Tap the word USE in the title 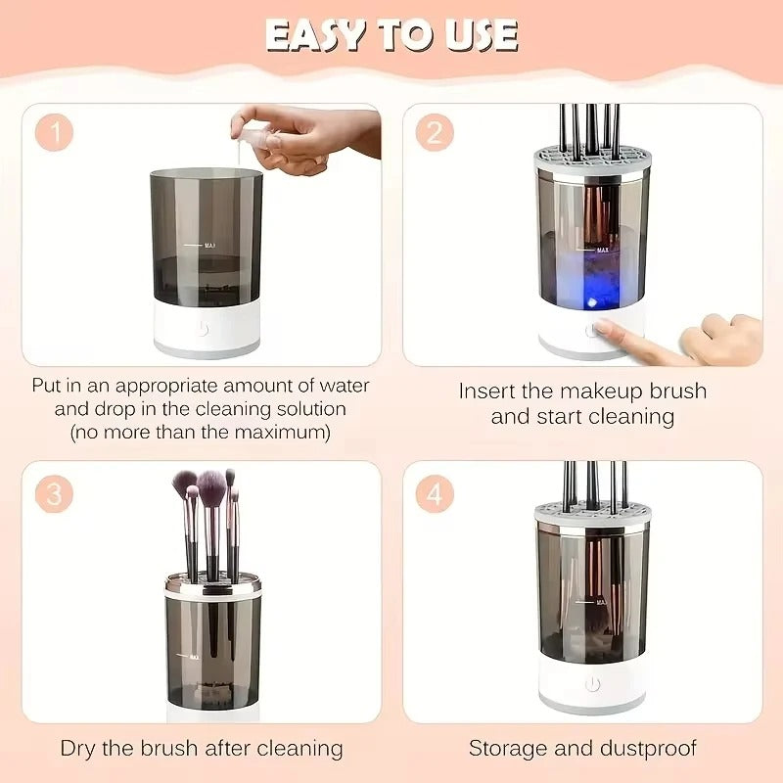[476, 36]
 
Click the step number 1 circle [54, 133]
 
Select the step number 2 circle [434, 132]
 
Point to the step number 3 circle [54, 493]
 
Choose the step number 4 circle [434, 493]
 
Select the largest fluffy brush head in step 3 [211, 483]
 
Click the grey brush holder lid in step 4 [591, 515]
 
